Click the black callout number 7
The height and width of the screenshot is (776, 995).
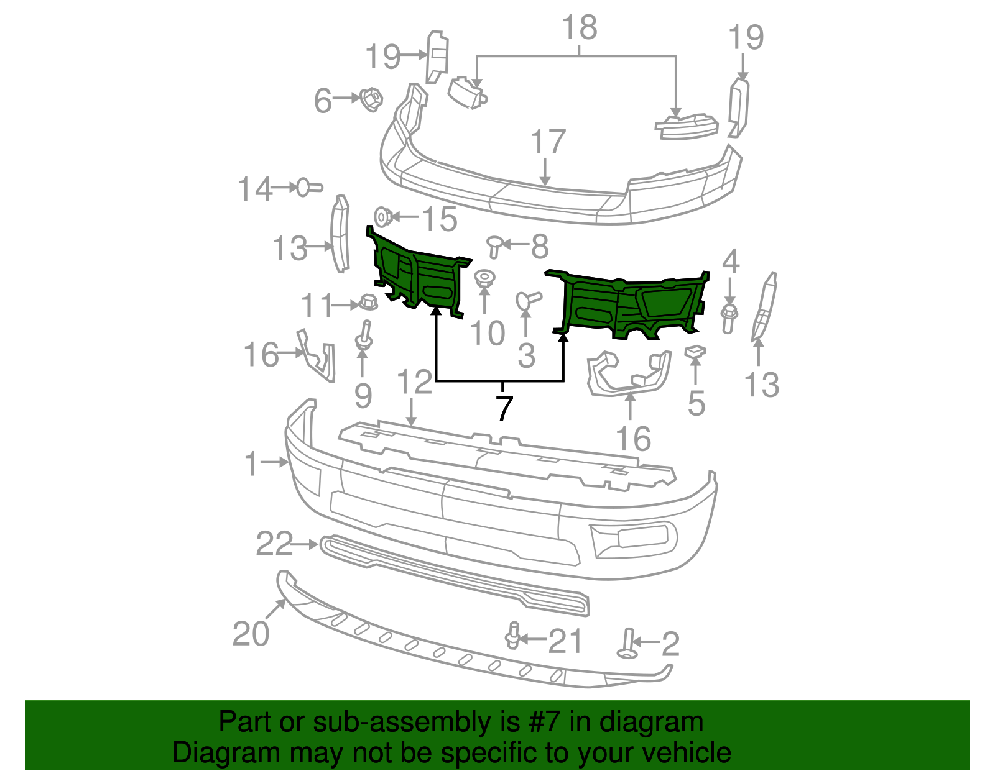(504, 408)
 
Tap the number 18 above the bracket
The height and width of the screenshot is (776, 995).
(579, 28)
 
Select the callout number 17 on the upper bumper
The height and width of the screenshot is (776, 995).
(547, 142)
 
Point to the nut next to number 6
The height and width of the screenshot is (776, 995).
(371, 99)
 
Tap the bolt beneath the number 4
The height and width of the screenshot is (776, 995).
(729, 317)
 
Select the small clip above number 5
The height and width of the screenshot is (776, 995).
(695, 352)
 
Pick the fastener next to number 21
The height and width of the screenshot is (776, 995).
(513, 635)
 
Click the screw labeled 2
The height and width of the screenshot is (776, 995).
(627, 644)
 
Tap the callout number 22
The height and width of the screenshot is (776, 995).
(274, 544)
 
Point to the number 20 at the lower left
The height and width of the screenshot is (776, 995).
(251, 634)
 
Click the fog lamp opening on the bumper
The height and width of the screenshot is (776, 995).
(634, 537)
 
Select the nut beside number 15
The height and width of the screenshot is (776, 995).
(384, 217)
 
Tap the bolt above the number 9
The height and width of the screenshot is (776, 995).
(363, 336)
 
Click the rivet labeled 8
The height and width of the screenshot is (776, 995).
(494, 245)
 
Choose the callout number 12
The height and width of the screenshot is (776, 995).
(414, 382)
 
